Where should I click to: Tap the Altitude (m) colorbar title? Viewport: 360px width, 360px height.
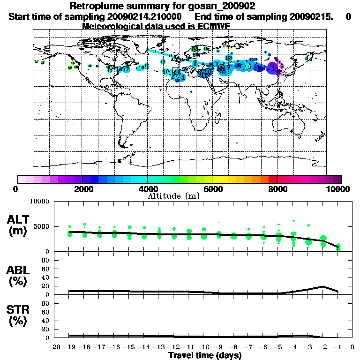click(x=174, y=195)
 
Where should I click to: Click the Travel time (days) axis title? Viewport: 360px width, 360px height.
click(x=205, y=356)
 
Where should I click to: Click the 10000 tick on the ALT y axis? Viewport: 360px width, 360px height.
click(x=39, y=202)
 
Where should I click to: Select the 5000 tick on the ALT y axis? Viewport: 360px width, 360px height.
click(x=41, y=226)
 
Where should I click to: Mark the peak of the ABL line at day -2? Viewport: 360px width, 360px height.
click(x=323, y=286)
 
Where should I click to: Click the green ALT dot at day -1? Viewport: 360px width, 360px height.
click(x=338, y=247)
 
